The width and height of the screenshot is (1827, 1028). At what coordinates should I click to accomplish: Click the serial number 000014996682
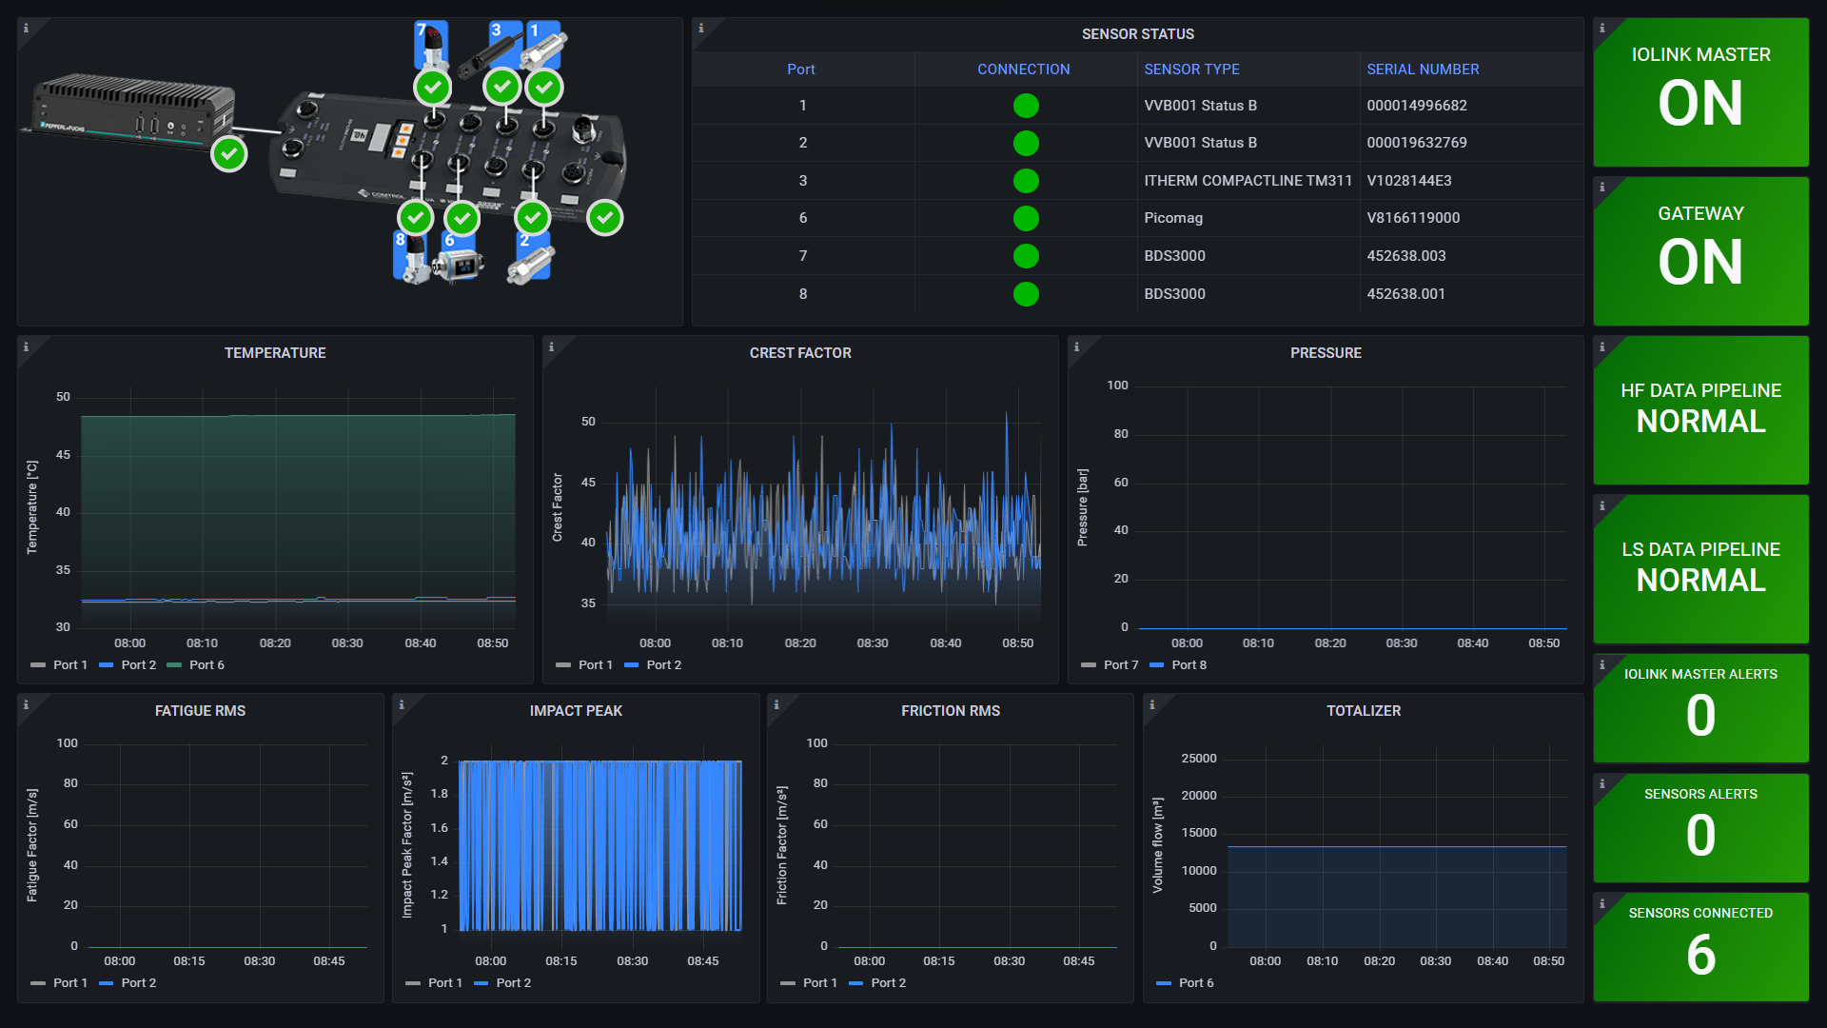pyautogui.click(x=1416, y=106)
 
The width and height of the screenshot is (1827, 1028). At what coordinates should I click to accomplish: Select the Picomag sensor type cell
pyautogui.click(x=1172, y=218)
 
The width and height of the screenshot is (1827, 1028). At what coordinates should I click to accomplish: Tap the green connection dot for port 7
pyautogui.click(x=1025, y=256)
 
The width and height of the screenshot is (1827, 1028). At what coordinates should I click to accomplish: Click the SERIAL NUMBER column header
pyautogui.click(x=1422, y=69)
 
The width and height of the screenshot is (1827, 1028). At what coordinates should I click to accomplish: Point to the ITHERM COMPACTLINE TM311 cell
pyautogui.click(x=1247, y=181)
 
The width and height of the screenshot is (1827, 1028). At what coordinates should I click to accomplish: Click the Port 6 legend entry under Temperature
pyautogui.click(x=206, y=665)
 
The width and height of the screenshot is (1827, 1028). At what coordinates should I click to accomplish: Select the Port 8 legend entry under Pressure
pyautogui.click(x=1188, y=665)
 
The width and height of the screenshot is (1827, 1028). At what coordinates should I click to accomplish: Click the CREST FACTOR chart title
pyautogui.click(x=799, y=353)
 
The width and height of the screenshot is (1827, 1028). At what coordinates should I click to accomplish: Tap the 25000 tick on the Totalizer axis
pyautogui.click(x=1198, y=759)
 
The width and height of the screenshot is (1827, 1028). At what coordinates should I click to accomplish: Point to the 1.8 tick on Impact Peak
pyautogui.click(x=439, y=794)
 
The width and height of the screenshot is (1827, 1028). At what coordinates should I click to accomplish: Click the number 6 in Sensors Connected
pyautogui.click(x=1700, y=955)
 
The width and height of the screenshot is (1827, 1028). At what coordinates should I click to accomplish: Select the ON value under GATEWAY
pyautogui.click(x=1700, y=262)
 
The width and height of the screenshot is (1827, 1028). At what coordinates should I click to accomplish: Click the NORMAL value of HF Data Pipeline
pyautogui.click(x=1700, y=422)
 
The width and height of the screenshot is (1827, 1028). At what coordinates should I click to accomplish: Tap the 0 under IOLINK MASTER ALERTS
pyautogui.click(x=1700, y=716)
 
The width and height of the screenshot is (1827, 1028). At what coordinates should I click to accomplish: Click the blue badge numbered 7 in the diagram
pyautogui.click(x=422, y=30)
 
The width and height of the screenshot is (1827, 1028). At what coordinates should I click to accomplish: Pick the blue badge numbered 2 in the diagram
pyautogui.click(x=524, y=241)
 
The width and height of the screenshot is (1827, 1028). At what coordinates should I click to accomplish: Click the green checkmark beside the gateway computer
pyautogui.click(x=229, y=153)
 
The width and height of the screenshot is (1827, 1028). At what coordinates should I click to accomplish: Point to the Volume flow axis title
pyautogui.click(x=1157, y=845)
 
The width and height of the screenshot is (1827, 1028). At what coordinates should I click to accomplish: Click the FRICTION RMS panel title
pyautogui.click(x=950, y=711)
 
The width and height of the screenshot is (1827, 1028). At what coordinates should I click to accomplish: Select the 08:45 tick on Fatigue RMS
pyautogui.click(x=328, y=961)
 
